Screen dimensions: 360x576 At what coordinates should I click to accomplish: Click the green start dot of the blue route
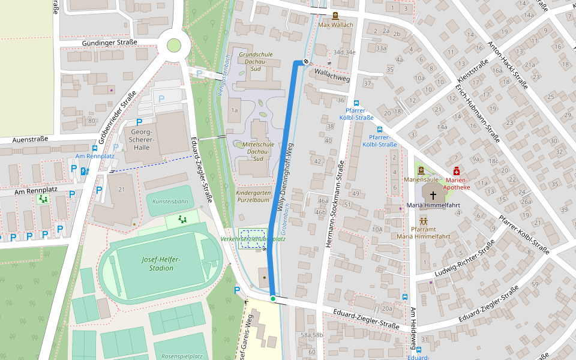272,298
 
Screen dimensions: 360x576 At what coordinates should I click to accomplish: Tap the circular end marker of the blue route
306,61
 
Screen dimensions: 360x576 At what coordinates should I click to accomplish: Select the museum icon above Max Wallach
335,16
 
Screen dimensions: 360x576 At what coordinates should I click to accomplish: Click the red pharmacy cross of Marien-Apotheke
457,171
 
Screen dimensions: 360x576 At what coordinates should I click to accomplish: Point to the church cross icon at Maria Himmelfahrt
433,195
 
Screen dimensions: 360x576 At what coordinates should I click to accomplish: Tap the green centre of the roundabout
173,45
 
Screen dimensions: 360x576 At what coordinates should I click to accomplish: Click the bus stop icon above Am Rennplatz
95,147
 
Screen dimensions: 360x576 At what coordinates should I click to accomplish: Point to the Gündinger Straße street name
109,43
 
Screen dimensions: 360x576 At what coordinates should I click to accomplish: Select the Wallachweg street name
332,74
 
